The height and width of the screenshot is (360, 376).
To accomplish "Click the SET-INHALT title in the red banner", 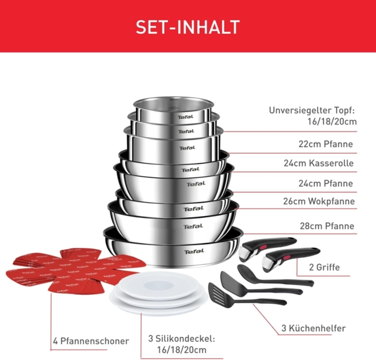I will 188,27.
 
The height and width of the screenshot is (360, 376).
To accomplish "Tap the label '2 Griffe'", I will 325,267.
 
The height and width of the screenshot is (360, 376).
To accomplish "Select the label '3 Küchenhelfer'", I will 313,327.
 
